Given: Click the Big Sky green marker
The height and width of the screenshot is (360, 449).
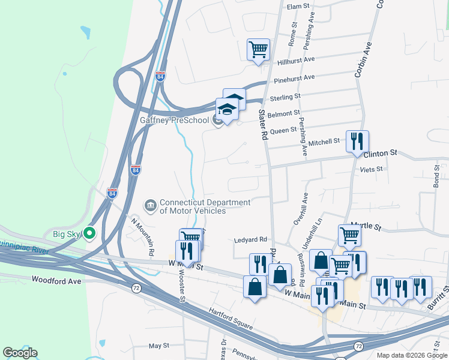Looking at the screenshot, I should click(91, 233).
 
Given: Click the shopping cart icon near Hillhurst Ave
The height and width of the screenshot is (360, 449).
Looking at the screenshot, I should click(258, 49).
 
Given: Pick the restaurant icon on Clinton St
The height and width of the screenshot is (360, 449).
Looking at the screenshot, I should click(357, 141).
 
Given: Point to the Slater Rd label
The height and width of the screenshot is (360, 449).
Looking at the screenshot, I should click(262, 124).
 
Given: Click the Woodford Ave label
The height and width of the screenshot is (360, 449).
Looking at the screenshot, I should click(56, 280).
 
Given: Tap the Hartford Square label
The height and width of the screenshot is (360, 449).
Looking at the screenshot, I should click(232, 319).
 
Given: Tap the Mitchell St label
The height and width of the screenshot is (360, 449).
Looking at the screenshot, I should click(324, 143).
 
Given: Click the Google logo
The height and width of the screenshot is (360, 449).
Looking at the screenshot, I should click(20, 353).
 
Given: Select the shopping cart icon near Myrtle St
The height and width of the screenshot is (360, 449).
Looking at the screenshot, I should click(349, 235).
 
